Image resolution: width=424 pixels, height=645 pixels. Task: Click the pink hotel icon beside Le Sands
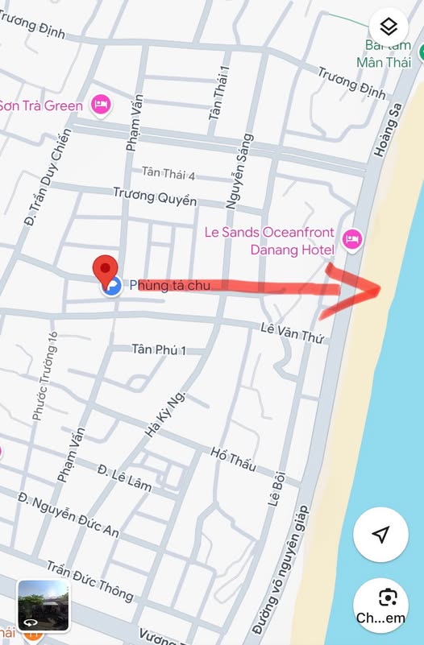point(352,238)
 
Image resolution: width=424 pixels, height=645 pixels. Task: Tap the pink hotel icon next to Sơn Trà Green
point(100,105)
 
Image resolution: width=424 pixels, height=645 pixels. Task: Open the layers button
point(389,28)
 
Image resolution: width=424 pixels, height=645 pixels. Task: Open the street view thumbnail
point(44,606)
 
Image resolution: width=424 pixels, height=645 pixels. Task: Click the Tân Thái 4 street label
point(168,173)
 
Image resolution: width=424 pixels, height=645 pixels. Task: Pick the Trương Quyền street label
point(154,196)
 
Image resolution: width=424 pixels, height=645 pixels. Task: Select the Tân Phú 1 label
point(159,350)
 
